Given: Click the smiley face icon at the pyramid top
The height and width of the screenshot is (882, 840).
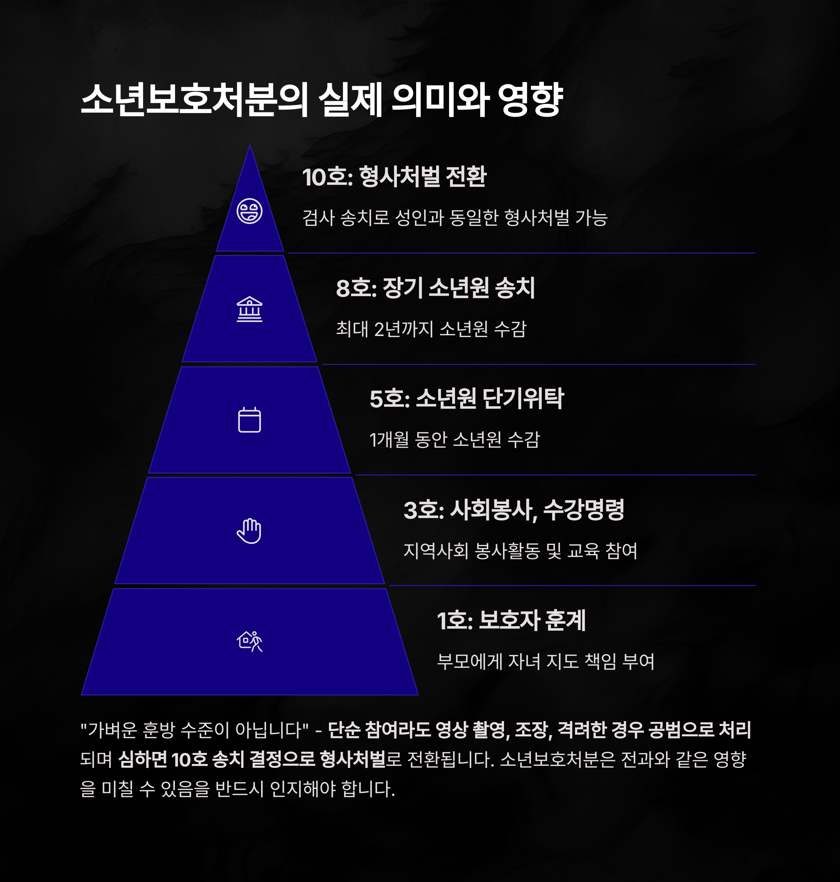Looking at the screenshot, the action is coord(250,211).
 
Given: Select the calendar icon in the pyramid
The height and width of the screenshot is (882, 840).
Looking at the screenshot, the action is coord(250,420).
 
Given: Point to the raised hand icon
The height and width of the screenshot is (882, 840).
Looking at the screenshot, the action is coord(250,531).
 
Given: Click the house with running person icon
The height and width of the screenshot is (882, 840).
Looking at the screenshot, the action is coord(250,641).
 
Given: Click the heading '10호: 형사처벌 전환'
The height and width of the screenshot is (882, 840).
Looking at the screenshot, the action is coord(394,176).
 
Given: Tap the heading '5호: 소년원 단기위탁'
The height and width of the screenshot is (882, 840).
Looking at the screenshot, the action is coord(467,398).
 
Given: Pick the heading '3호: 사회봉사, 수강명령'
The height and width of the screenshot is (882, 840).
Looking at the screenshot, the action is coord(513,510).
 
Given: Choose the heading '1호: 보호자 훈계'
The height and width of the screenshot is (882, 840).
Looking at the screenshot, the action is coord(511,621).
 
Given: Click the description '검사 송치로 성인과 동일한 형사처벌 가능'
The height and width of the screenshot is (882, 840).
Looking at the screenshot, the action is coord(455,218).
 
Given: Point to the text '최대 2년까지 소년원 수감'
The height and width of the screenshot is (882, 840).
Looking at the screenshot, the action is coord(431,329).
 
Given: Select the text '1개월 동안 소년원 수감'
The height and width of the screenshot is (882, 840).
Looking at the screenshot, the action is coord(455,440).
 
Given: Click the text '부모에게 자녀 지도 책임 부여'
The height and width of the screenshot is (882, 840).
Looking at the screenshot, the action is coord(545,661).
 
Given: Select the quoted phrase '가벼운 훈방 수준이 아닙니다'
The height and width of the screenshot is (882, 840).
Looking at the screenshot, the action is coord(194,730).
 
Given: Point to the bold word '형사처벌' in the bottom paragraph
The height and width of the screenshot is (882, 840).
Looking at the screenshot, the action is coord(352,759).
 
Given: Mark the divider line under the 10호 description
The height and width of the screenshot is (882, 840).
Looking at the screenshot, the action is coord(521,253).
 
